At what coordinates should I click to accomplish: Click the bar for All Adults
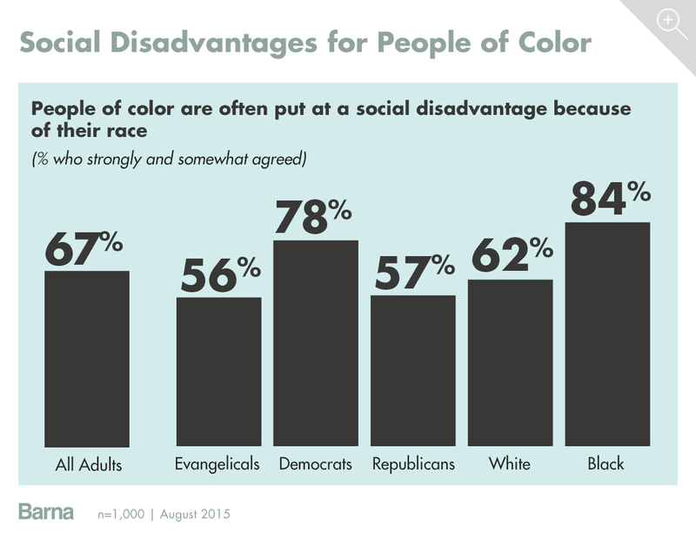[x=87, y=359]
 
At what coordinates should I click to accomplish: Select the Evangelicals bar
[x=218, y=372]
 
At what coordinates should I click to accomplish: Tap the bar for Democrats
[x=316, y=343]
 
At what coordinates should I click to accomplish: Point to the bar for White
[x=510, y=363]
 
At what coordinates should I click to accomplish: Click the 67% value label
[x=85, y=249]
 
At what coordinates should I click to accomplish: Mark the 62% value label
[x=512, y=258]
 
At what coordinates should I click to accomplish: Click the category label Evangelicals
[x=218, y=463]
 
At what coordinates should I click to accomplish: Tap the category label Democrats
[x=316, y=463]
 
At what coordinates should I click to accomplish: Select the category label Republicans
[x=413, y=463]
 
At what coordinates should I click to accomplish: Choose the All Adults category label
[x=87, y=465]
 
